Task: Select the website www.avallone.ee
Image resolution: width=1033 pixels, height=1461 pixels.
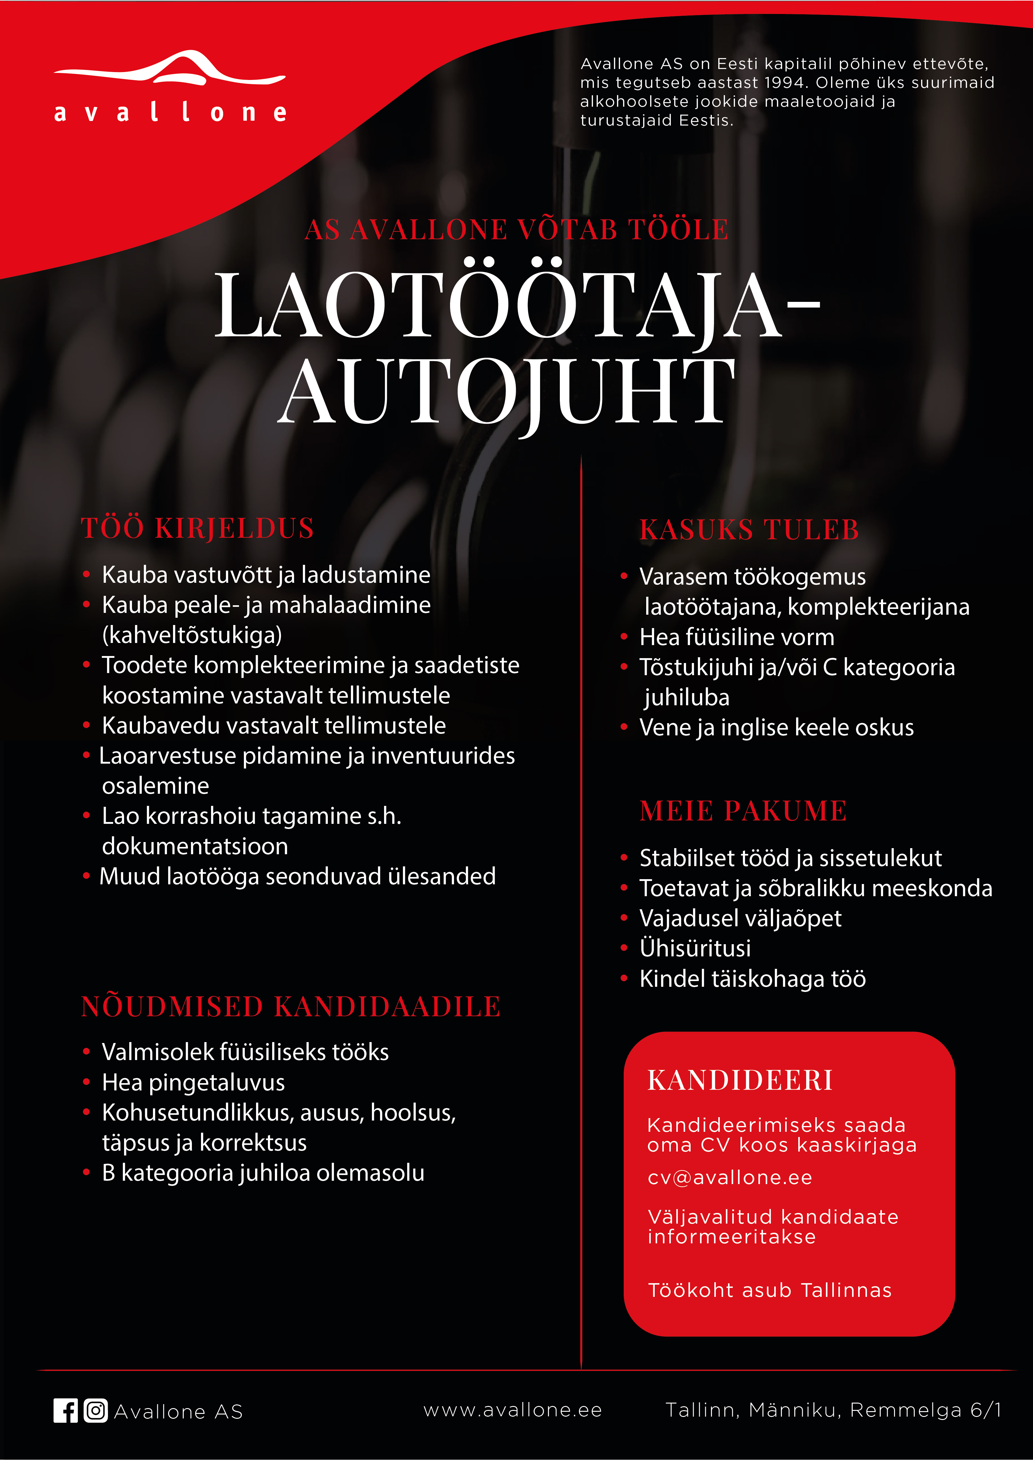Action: (512, 1410)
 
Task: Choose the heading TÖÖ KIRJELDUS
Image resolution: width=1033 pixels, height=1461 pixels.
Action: (197, 528)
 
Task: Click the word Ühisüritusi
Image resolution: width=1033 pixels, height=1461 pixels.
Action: (695, 948)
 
